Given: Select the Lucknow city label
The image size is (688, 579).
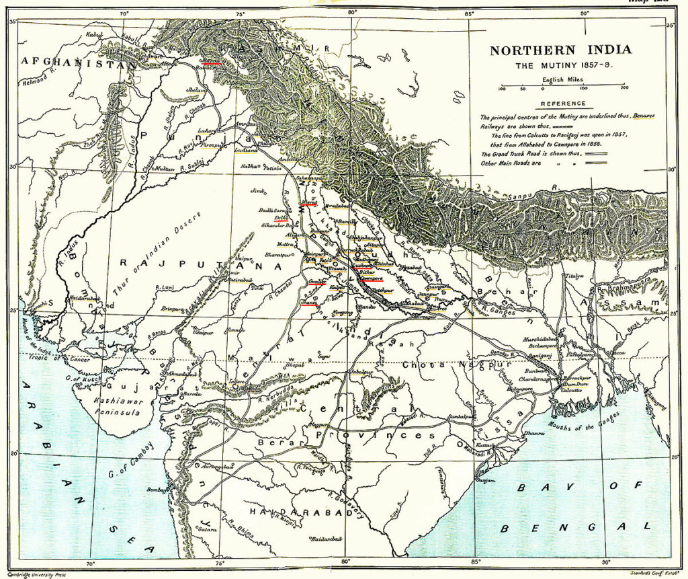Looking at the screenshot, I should pyautogui.click(x=363, y=267).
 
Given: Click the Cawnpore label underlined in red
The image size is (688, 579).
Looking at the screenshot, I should pyautogui.click(x=371, y=278).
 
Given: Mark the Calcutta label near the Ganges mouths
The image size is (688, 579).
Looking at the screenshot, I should pyautogui.click(x=572, y=389).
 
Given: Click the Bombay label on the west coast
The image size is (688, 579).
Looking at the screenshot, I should pyautogui.click(x=158, y=490).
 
